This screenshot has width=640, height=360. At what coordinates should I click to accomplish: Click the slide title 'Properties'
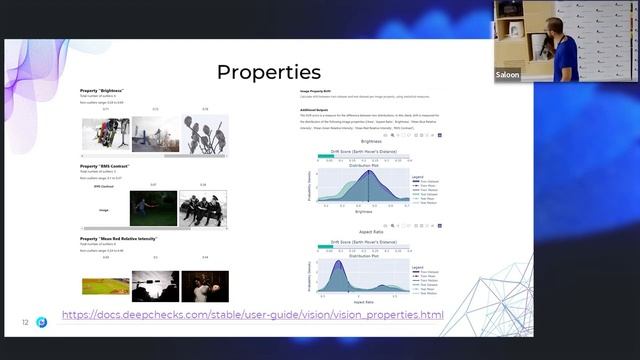coord(268,72)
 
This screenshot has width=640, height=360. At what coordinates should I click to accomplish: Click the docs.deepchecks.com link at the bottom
coord(252,316)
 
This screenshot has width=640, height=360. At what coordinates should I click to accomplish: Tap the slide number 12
coord(25,323)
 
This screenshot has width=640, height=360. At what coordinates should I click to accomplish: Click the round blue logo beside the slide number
coord(41,323)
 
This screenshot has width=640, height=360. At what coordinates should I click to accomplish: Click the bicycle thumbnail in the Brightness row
coord(105,134)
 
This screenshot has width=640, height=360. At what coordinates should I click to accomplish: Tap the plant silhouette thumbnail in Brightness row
coord(204,134)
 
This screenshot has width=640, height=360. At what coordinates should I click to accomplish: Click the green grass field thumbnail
coord(105,286)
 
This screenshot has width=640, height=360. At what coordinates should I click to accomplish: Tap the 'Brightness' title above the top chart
coord(371,142)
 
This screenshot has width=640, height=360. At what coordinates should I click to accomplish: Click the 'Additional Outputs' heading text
coord(315,109)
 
